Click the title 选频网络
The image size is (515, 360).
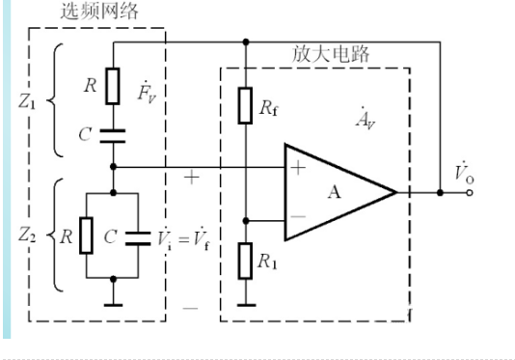click(x=96, y=13)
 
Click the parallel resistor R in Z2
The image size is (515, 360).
click(x=86, y=235)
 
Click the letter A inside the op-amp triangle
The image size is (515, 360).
click(x=334, y=191)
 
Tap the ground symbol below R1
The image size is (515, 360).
click(x=247, y=305)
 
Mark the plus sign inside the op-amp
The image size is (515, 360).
click(x=298, y=167)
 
